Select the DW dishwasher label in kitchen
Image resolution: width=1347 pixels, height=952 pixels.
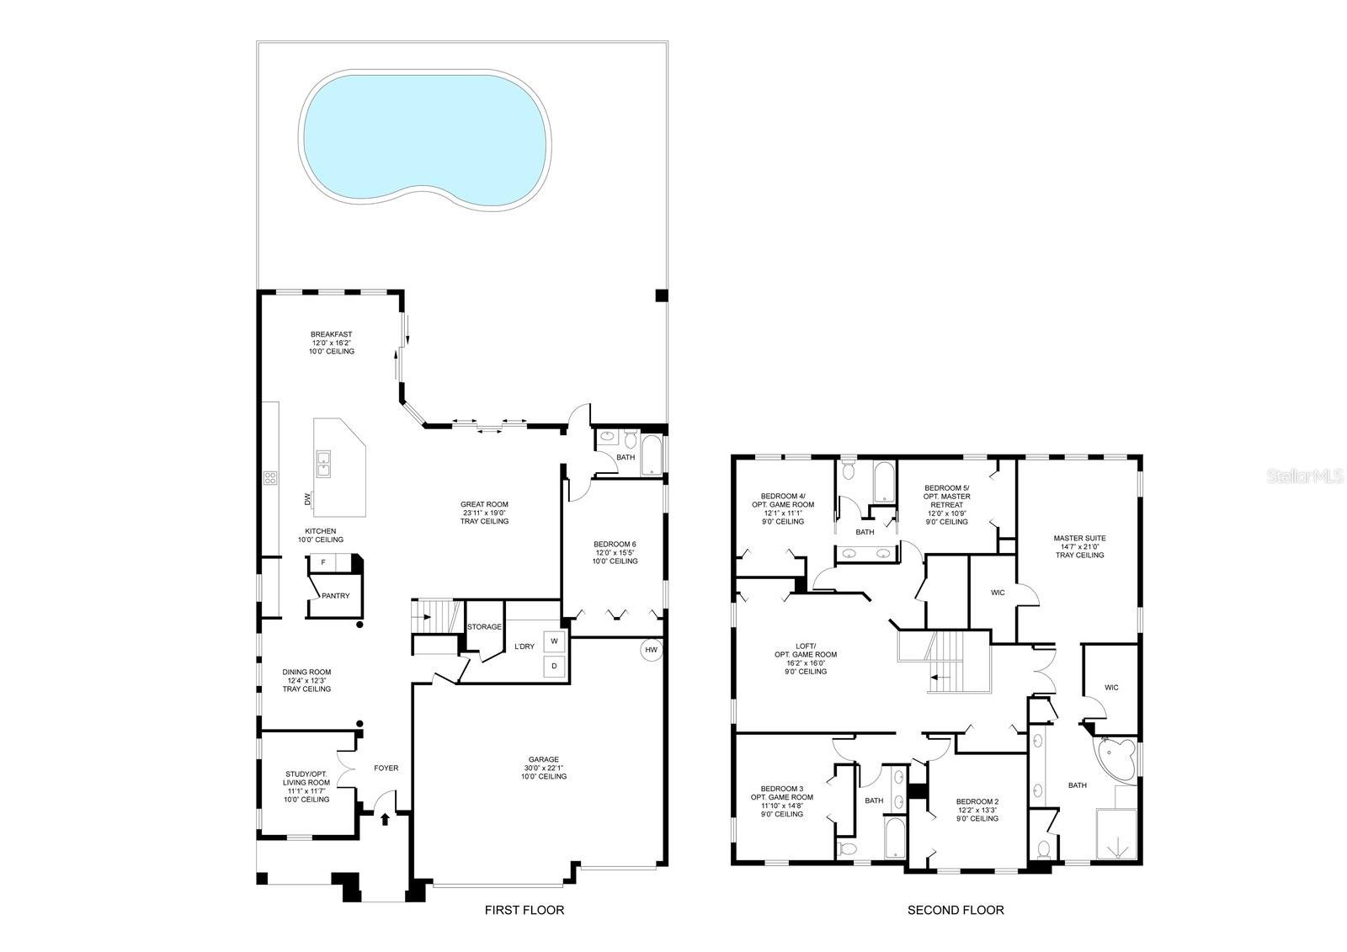(x=308, y=499)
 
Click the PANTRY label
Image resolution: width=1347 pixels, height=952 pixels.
(x=335, y=596)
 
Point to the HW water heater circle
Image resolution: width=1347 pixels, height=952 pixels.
(x=651, y=650)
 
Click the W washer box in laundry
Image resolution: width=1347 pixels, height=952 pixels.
(x=554, y=641)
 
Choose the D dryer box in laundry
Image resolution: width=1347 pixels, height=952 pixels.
(x=554, y=667)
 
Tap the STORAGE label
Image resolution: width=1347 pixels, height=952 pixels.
(x=484, y=627)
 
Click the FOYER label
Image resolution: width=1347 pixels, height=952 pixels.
(x=386, y=769)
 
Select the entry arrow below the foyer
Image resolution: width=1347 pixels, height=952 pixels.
(x=386, y=817)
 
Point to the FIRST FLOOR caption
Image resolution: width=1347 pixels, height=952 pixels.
(x=524, y=910)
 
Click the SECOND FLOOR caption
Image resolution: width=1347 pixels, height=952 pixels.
(x=955, y=910)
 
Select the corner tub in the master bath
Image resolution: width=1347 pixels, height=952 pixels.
(x=1117, y=755)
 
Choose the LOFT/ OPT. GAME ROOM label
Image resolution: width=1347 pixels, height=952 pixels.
(x=806, y=654)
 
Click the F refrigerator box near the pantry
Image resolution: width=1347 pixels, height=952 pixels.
(x=323, y=561)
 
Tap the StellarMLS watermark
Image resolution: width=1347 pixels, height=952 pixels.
(x=1302, y=476)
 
